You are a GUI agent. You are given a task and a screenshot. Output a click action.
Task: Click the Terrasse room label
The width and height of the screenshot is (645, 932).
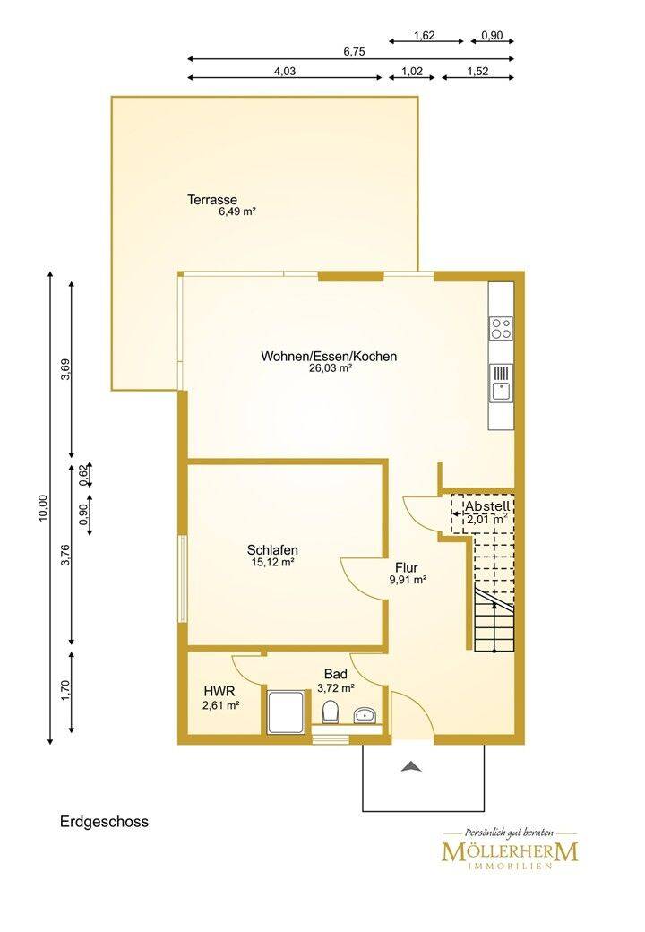click(x=212, y=200)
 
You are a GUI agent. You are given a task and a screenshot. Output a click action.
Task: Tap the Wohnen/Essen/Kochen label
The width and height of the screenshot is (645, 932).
click(x=329, y=356)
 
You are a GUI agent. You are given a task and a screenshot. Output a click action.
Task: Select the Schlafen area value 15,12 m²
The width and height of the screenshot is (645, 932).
click(x=272, y=562)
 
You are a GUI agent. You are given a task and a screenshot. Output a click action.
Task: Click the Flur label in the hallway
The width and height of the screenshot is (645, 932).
click(x=406, y=567)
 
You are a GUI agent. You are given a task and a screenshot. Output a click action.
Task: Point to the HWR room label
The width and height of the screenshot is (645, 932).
click(x=219, y=691)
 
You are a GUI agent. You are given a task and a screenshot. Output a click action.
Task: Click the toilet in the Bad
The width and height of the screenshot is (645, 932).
click(x=331, y=711)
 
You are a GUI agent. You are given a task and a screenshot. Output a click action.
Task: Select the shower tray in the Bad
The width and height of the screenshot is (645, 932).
click(x=288, y=712)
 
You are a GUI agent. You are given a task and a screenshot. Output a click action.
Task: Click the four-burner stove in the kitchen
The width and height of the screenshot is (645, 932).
click(x=501, y=328)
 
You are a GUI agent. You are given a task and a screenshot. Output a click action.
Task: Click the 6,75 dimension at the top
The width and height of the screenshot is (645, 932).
click(x=354, y=52)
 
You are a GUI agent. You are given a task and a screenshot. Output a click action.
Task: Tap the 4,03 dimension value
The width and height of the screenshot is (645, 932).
click(x=285, y=72)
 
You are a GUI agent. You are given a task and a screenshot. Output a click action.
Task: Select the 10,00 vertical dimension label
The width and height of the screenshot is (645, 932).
click(x=42, y=508)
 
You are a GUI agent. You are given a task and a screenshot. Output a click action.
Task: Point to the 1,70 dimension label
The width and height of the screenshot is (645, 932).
click(x=65, y=691)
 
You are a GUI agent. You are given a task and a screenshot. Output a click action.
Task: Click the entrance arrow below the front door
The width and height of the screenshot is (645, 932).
click(x=411, y=766)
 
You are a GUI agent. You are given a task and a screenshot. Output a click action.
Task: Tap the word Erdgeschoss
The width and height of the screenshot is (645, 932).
click(x=105, y=822)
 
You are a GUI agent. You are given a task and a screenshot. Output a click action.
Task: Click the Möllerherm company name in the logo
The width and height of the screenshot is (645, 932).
click(x=510, y=851)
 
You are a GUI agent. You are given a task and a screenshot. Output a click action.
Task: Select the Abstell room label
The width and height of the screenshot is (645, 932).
click(x=487, y=506)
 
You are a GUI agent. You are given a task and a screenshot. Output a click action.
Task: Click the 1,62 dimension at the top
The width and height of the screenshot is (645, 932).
click(x=424, y=36)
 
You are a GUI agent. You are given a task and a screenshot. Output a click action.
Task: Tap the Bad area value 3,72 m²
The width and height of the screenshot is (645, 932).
click(x=336, y=687)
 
